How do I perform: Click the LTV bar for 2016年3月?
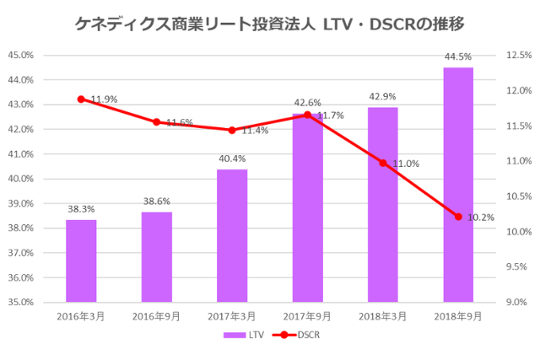point(81,261)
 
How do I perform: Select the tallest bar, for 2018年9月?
point(458,185)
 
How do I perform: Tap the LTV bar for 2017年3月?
point(232,235)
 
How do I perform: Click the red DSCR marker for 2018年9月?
point(458,217)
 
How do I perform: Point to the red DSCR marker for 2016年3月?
point(81,99)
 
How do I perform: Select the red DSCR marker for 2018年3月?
point(382,163)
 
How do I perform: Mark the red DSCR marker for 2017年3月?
point(232,130)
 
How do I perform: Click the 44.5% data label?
point(458,56)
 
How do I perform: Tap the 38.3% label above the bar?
point(81,209)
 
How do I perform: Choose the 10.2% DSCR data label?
point(480,217)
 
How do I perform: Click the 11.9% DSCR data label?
point(104,99)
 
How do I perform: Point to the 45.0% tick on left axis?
point(20,55)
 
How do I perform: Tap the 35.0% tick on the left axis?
point(20,302)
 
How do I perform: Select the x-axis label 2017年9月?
point(307,316)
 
